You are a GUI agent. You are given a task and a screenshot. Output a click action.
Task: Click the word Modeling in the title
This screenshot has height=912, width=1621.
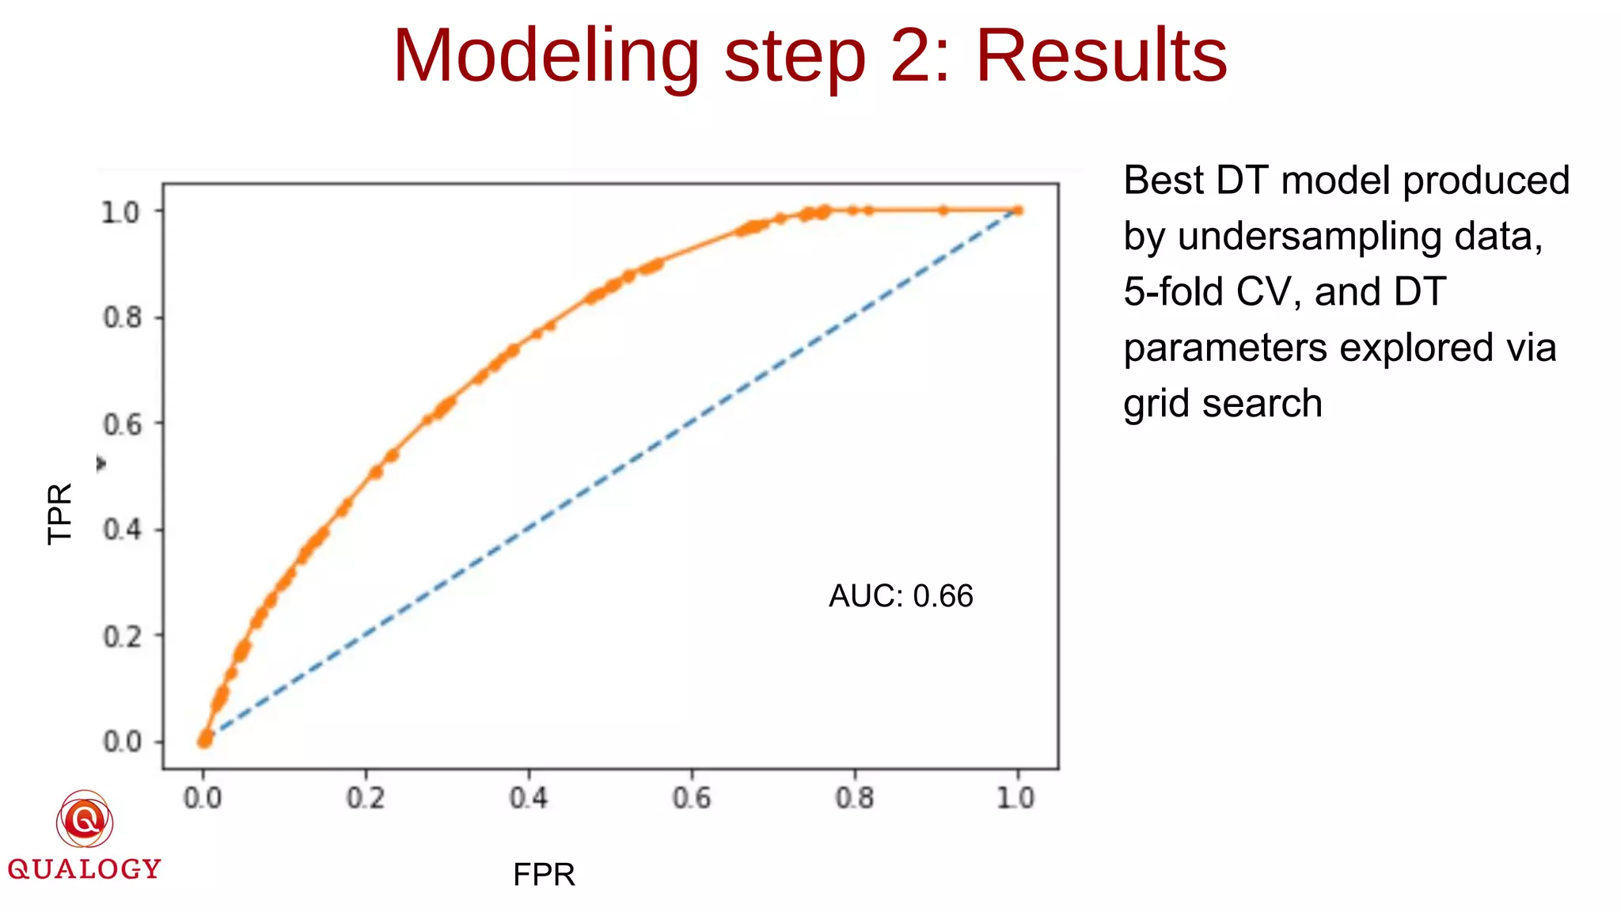pyautogui.click(x=546, y=57)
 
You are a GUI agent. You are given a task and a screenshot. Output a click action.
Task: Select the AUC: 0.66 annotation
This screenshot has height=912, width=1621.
pyautogui.click(x=901, y=596)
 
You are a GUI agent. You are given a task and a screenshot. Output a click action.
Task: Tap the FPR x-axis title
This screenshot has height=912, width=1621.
pyautogui.click(x=544, y=875)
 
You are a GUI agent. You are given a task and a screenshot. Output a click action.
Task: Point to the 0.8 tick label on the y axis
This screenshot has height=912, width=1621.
pyautogui.click(x=122, y=317)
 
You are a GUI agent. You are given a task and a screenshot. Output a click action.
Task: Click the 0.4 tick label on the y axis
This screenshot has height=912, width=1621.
pyautogui.click(x=122, y=529)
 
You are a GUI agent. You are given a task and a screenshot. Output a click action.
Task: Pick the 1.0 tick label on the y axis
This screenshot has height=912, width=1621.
pyautogui.click(x=120, y=211)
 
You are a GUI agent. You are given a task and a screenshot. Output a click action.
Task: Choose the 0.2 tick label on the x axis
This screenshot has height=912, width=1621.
pyautogui.click(x=366, y=797)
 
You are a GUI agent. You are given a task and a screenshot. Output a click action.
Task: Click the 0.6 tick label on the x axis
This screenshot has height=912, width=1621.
pyautogui.click(x=692, y=797)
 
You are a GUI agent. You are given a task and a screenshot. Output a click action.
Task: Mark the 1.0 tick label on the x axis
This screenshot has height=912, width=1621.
pyautogui.click(x=1016, y=797)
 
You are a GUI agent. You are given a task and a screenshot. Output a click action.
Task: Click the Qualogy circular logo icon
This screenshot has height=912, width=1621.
pyautogui.click(x=85, y=820)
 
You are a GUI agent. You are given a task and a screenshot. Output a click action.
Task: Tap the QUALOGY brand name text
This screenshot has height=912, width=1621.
pyautogui.click(x=85, y=869)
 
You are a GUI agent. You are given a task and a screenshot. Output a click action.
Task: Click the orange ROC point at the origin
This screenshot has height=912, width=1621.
pyautogui.click(x=204, y=740)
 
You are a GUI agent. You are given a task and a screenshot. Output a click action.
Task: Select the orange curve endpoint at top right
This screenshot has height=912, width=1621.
pyautogui.click(x=1018, y=211)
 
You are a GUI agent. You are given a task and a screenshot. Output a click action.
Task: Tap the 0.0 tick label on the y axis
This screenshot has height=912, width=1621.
pyautogui.click(x=122, y=742)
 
